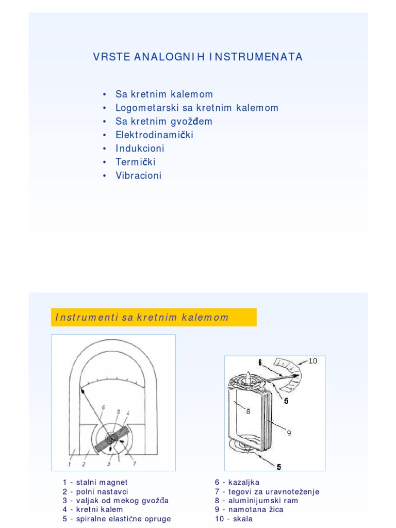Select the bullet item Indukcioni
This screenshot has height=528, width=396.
point(140,148)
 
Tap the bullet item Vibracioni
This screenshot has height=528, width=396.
point(138,175)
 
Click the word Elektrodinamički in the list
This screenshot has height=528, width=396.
point(154,135)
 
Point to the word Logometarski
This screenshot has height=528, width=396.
point(147,108)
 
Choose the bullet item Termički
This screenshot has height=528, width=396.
point(135,162)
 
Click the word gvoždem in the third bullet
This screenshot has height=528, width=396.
point(193,122)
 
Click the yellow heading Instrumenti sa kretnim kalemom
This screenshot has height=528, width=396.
point(154,318)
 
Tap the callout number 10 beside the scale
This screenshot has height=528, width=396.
point(313,361)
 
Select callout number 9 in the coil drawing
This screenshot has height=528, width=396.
point(289,433)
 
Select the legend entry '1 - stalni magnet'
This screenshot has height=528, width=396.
point(95,483)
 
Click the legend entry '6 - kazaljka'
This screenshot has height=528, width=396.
point(237,483)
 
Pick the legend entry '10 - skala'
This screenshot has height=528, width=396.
point(234,519)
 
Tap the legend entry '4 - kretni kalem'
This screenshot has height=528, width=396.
point(93,509)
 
